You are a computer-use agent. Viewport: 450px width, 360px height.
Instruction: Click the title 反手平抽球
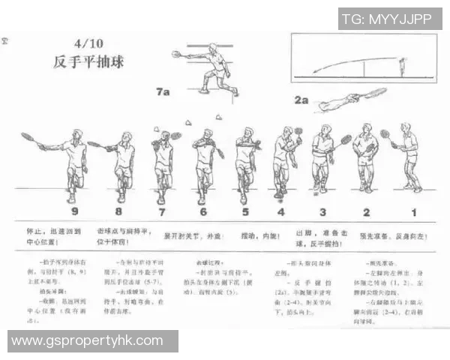[88, 61]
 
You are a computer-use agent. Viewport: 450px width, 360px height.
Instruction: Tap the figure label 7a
[163, 92]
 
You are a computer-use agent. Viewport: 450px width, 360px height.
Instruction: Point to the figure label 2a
[301, 99]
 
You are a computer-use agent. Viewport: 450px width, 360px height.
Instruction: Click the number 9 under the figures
[72, 212]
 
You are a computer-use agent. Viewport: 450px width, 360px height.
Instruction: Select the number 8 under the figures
[118, 212]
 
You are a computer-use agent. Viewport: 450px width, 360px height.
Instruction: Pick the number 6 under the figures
[203, 212]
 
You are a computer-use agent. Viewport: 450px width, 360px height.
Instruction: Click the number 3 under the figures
[322, 212]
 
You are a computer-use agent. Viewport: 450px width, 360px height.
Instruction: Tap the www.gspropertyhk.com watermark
[87, 341]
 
